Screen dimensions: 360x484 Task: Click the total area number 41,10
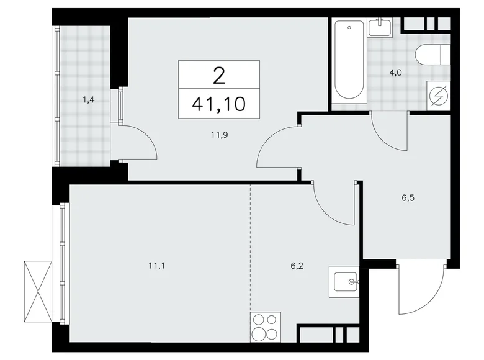coord(218,103)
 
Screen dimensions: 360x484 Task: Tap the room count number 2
coord(218,76)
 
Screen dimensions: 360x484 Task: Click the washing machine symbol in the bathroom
coord(439,97)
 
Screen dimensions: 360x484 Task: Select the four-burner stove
coord(266,327)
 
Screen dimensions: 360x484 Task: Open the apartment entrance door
coord(422,289)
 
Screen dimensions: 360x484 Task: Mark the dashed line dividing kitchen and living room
coord(251,248)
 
